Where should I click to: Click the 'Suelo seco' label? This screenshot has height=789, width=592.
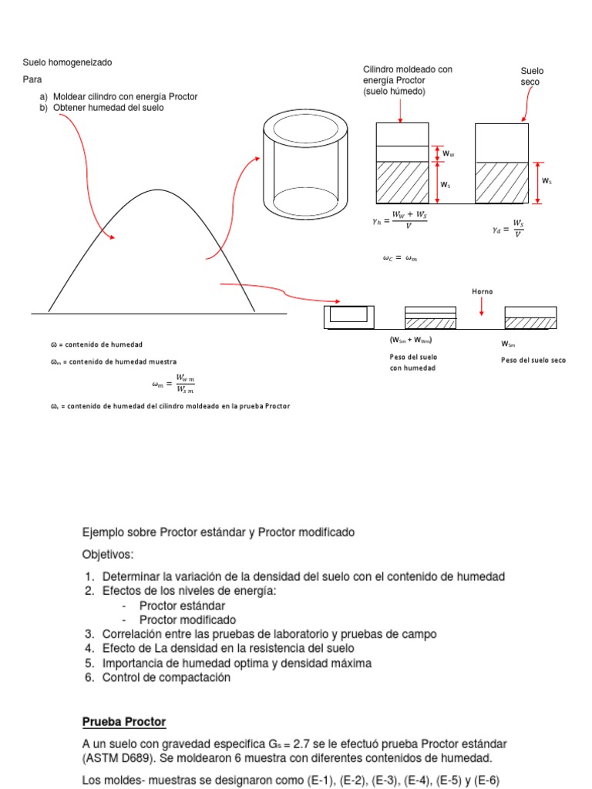[531, 76]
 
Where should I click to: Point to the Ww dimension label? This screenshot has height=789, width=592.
[448, 154]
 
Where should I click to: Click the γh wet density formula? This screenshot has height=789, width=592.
[399, 220]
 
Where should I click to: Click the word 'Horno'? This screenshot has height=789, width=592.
[482, 291]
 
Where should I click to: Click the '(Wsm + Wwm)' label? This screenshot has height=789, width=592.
[410, 341]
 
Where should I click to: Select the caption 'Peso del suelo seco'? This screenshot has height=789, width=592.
[533, 360]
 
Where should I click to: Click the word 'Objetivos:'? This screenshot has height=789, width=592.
[108, 554]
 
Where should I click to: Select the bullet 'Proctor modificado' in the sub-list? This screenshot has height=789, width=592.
[187, 619]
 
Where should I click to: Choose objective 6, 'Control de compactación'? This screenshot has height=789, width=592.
[166, 678]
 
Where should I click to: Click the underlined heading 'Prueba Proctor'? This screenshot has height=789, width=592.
[124, 722]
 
